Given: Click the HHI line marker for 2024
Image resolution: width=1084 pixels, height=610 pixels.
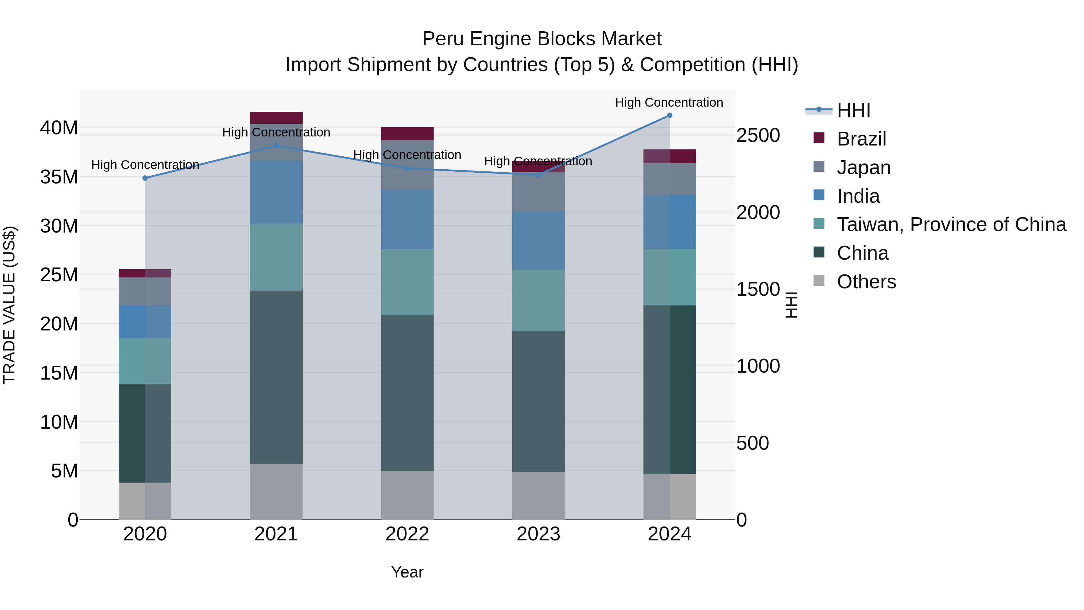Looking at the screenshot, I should (669, 115).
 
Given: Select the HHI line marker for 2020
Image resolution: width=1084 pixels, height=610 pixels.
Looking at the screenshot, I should (145, 178).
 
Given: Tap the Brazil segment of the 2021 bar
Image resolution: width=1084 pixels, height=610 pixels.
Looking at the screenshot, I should (276, 118).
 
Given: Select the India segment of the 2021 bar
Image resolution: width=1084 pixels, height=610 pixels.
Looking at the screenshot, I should (276, 192).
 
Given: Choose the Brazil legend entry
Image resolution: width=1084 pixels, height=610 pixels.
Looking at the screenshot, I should (861, 139).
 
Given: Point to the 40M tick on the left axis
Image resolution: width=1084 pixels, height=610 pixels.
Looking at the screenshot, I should (59, 127).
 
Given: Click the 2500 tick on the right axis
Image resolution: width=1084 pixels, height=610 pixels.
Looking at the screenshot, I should (758, 136).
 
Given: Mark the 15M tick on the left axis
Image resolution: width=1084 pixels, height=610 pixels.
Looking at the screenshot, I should (59, 373).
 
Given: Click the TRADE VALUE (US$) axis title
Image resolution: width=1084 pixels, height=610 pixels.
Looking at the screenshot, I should (10, 305).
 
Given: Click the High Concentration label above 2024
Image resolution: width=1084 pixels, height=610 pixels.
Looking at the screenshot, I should (669, 102).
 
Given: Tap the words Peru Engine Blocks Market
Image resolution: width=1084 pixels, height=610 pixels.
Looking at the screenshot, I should (542, 39).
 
